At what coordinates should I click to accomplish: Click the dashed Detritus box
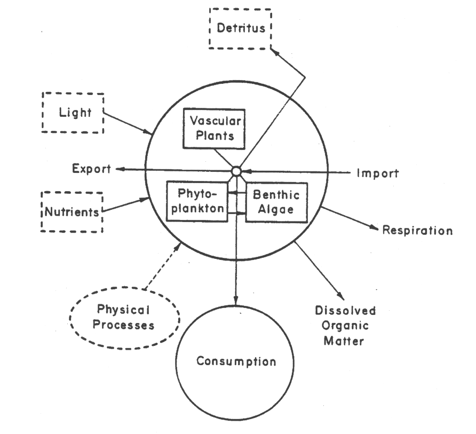(x=241, y=28)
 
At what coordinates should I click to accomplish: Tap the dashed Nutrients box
(x=72, y=212)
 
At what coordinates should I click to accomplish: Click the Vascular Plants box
(x=214, y=129)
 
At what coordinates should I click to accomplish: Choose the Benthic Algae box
(x=276, y=202)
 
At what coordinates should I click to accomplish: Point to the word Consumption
(x=236, y=361)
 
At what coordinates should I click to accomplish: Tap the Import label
(x=377, y=173)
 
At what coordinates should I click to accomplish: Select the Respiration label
(x=417, y=231)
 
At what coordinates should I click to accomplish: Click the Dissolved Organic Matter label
(x=345, y=325)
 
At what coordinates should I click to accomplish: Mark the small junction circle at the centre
(x=235, y=171)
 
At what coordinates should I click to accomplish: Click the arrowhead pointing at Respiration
(x=375, y=228)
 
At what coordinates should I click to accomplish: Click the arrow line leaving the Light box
(x=128, y=123)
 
